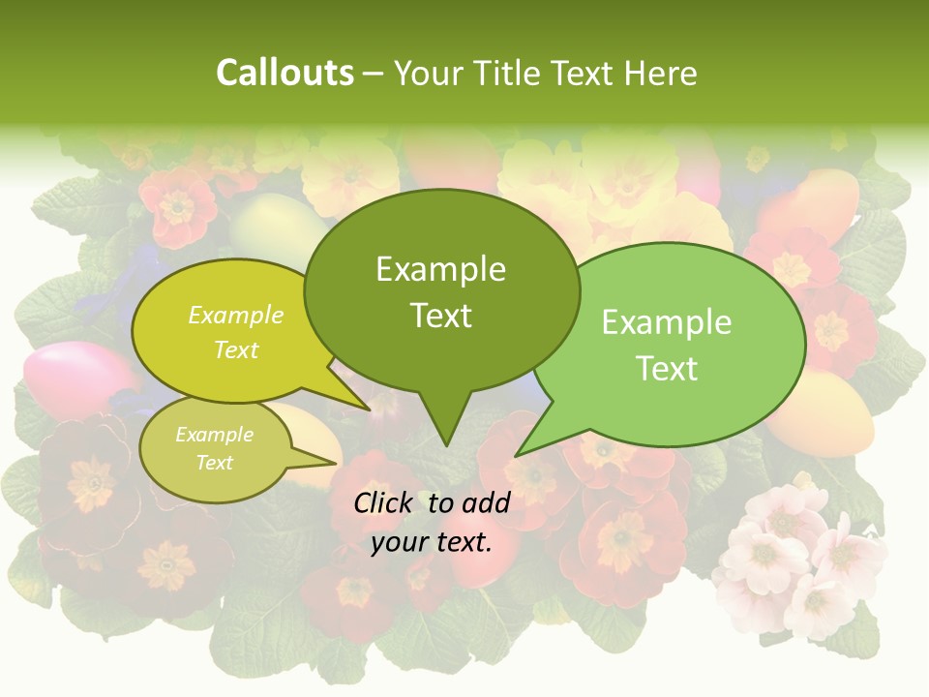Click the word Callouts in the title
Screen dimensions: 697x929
(285, 73)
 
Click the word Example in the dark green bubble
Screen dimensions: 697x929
(440, 269)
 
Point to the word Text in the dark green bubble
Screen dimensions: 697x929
(440, 316)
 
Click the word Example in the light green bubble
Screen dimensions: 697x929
(667, 322)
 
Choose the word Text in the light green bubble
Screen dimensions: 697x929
(667, 369)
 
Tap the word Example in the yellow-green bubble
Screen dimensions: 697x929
(236, 315)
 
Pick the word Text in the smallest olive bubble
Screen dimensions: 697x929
(215, 463)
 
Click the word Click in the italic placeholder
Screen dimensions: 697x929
(386, 502)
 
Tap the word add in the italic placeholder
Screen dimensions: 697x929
(486, 502)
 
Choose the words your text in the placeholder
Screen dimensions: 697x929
(432, 542)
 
